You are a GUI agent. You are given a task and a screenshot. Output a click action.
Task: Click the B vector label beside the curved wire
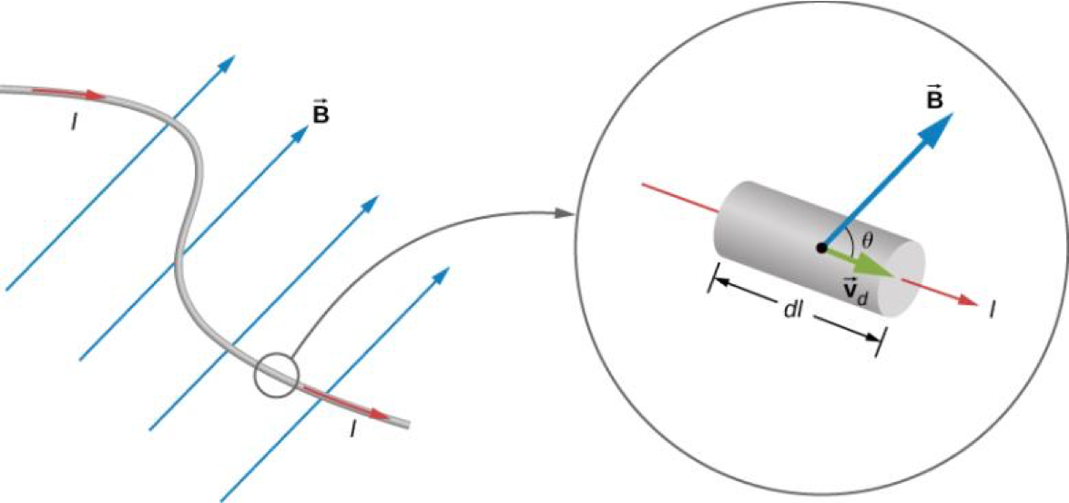coord(320,115)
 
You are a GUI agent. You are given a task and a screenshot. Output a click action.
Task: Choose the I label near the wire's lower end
coord(351,427)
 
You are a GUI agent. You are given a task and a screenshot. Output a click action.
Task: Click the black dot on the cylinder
coord(821,247)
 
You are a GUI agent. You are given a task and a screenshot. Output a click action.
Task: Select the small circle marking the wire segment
coord(276,375)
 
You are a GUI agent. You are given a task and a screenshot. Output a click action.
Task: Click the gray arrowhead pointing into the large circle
coord(564,214)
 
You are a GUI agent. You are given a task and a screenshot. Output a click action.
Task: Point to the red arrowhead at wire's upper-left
coord(94,94)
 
